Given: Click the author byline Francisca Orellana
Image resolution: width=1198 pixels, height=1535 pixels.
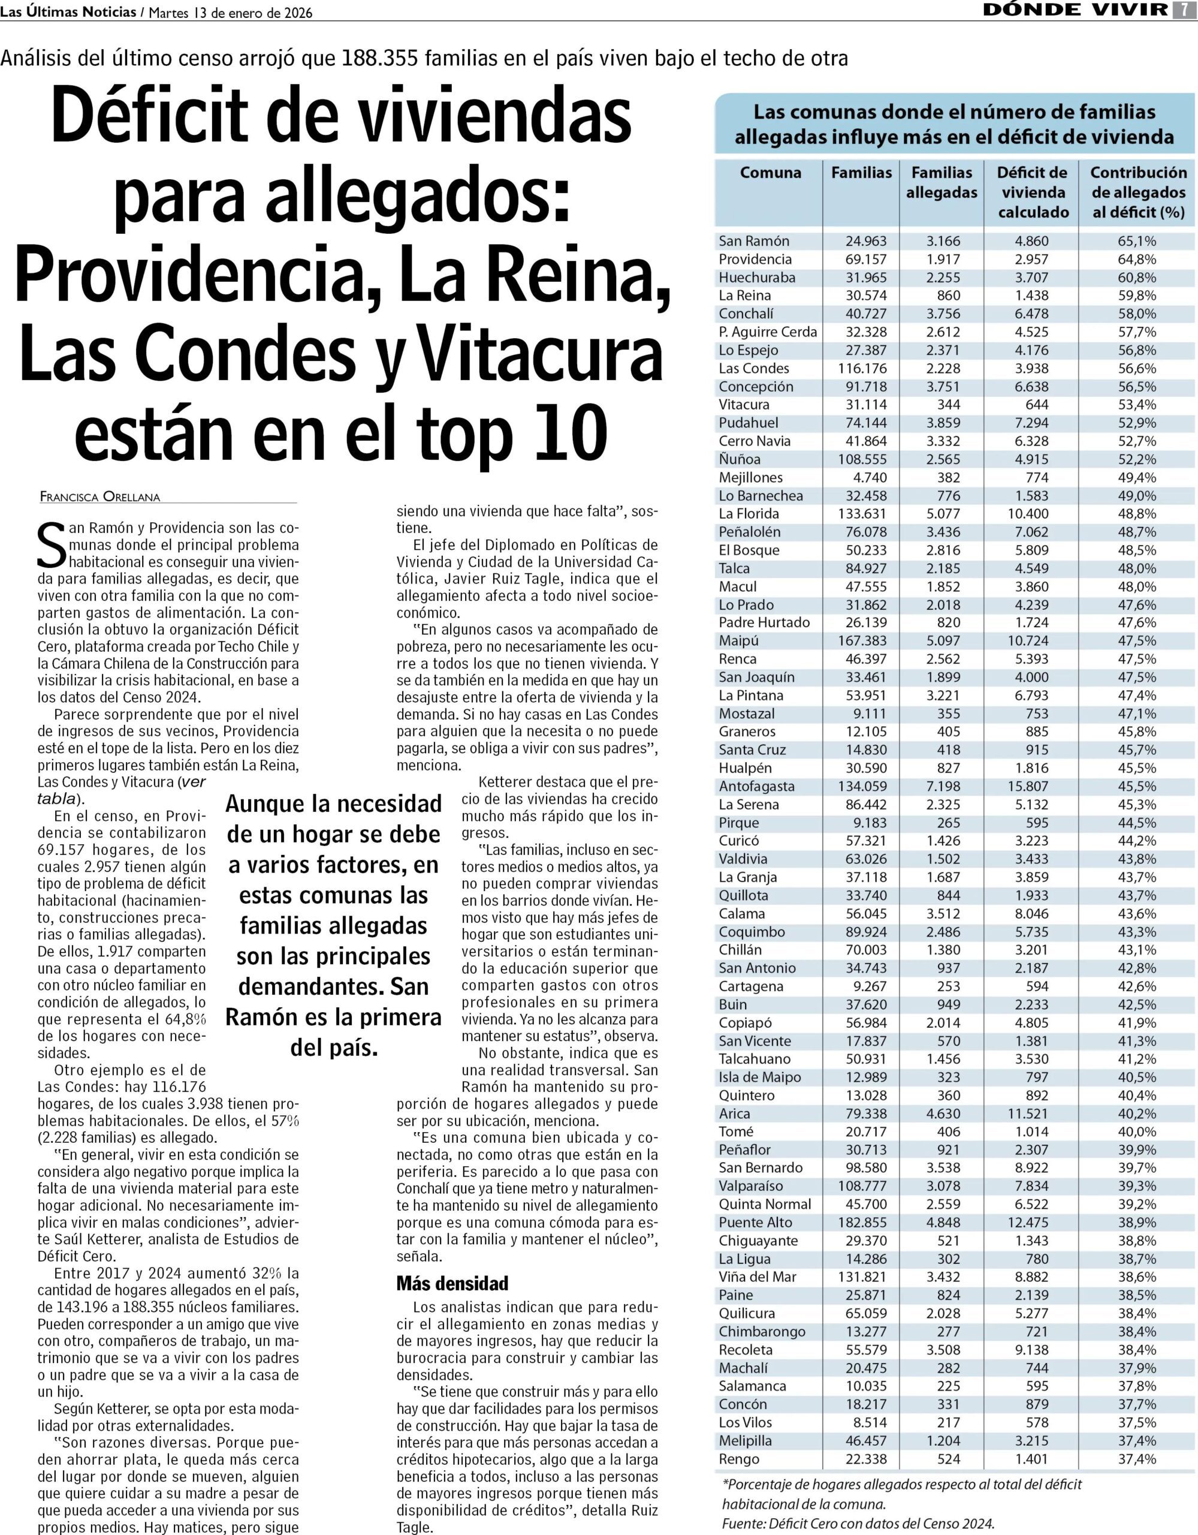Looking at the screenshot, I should tap(99, 496).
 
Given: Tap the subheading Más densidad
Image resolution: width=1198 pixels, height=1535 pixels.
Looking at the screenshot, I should tap(452, 1283).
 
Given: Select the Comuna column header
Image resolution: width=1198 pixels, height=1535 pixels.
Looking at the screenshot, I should tap(770, 173).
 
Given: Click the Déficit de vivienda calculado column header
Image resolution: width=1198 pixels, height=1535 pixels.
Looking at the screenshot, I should tap(1032, 192).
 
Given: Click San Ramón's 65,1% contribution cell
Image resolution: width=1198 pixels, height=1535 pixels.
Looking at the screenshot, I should tap(1137, 241).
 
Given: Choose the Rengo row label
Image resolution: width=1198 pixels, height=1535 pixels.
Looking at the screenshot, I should tap(738, 1459).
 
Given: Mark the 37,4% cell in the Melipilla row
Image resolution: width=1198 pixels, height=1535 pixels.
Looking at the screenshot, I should tap(1137, 1441).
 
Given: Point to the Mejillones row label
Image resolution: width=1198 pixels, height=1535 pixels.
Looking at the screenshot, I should tap(750, 477).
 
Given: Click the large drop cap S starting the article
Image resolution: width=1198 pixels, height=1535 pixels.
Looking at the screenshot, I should tap(50, 546).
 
